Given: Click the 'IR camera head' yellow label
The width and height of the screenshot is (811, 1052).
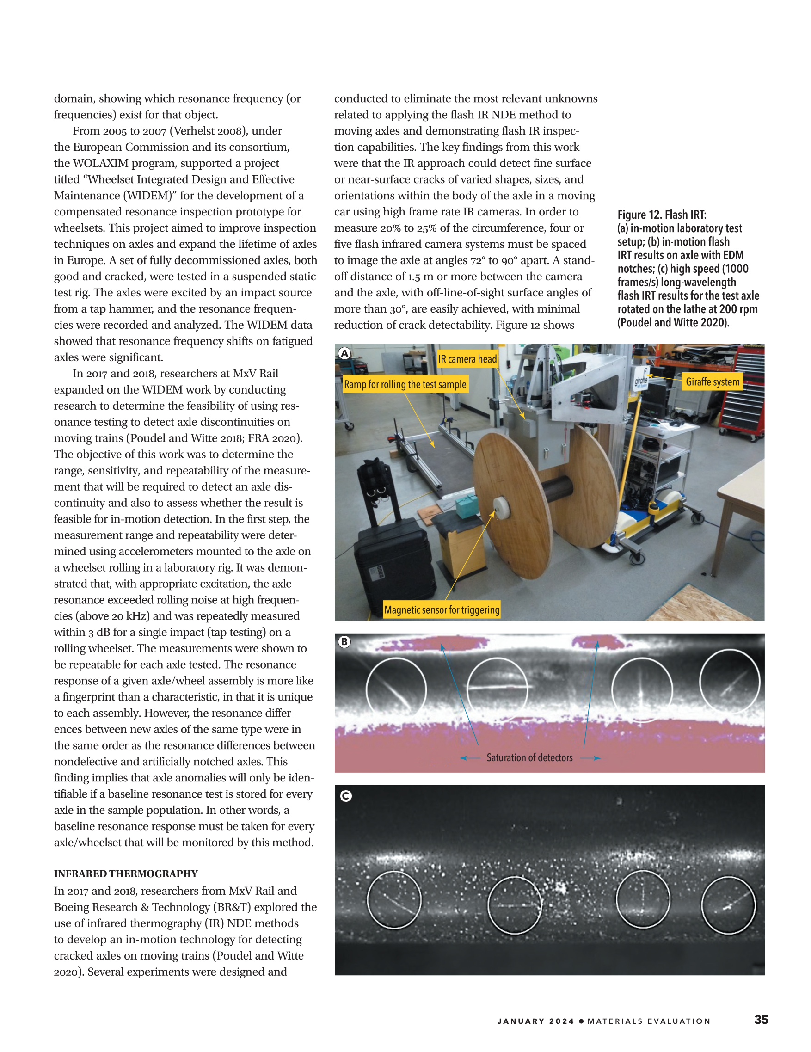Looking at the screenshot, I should [x=467, y=359].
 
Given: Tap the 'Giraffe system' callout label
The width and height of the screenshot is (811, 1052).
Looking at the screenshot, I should [x=712, y=381].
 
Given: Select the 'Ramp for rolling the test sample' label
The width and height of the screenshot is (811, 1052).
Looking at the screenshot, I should [x=405, y=384].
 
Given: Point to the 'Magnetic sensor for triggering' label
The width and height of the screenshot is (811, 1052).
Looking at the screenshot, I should [x=442, y=609].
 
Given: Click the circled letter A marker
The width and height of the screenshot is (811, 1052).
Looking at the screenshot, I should [x=344, y=353].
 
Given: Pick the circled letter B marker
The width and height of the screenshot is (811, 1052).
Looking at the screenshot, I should [x=344, y=642].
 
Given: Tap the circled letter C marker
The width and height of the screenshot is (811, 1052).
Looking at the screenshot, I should [x=346, y=796].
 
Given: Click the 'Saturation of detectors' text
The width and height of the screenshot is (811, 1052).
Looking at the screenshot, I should [x=529, y=758].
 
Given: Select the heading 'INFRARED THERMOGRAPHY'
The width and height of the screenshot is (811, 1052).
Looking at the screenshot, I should [x=126, y=874].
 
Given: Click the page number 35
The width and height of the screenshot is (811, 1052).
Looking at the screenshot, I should [x=761, y=1019].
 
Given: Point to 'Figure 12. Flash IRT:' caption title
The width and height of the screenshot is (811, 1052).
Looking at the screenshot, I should [x=662, y=215].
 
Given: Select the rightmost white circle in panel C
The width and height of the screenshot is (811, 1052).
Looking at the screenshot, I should [x=728, y=905].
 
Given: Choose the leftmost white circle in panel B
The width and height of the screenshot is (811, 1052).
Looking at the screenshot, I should [x=396, y=689].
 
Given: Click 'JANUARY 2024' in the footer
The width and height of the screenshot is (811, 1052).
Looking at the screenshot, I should [x=535, y=1021].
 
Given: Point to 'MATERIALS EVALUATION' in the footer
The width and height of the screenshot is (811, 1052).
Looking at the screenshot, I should [x=649, y=1021].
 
